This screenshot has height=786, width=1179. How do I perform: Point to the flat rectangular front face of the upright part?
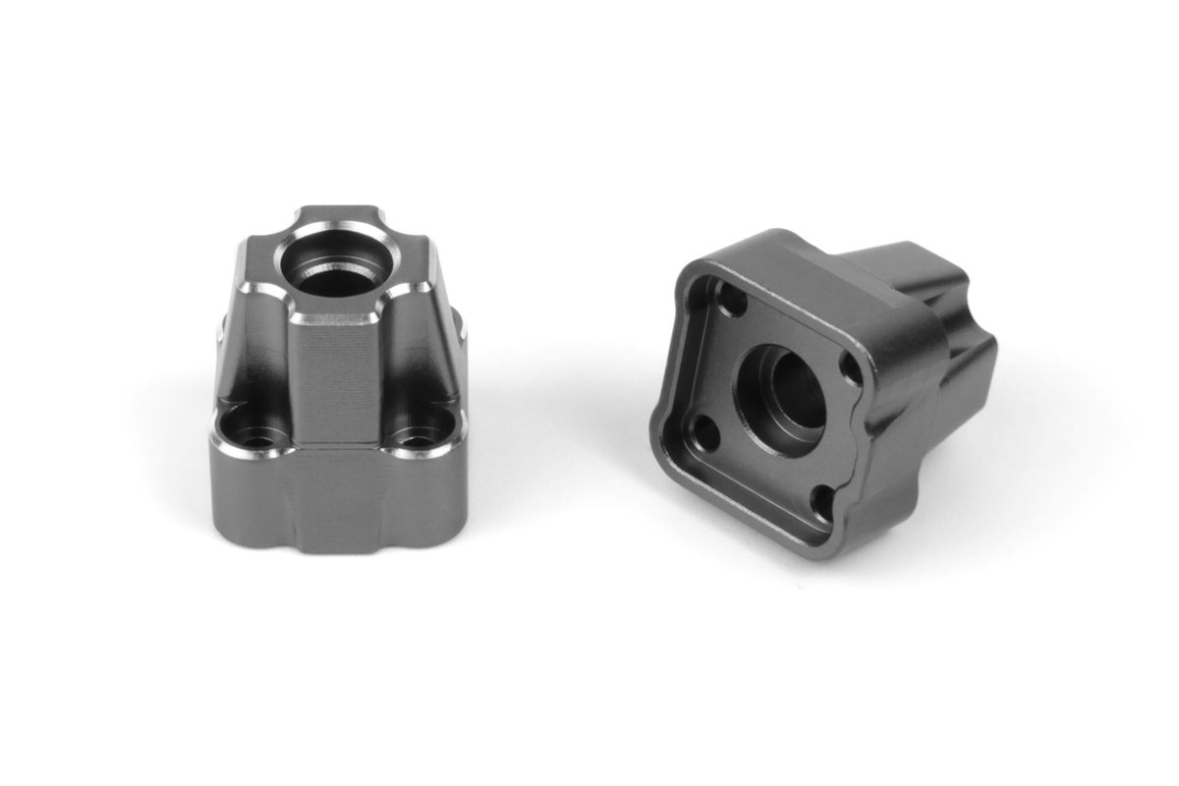[337, 378]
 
